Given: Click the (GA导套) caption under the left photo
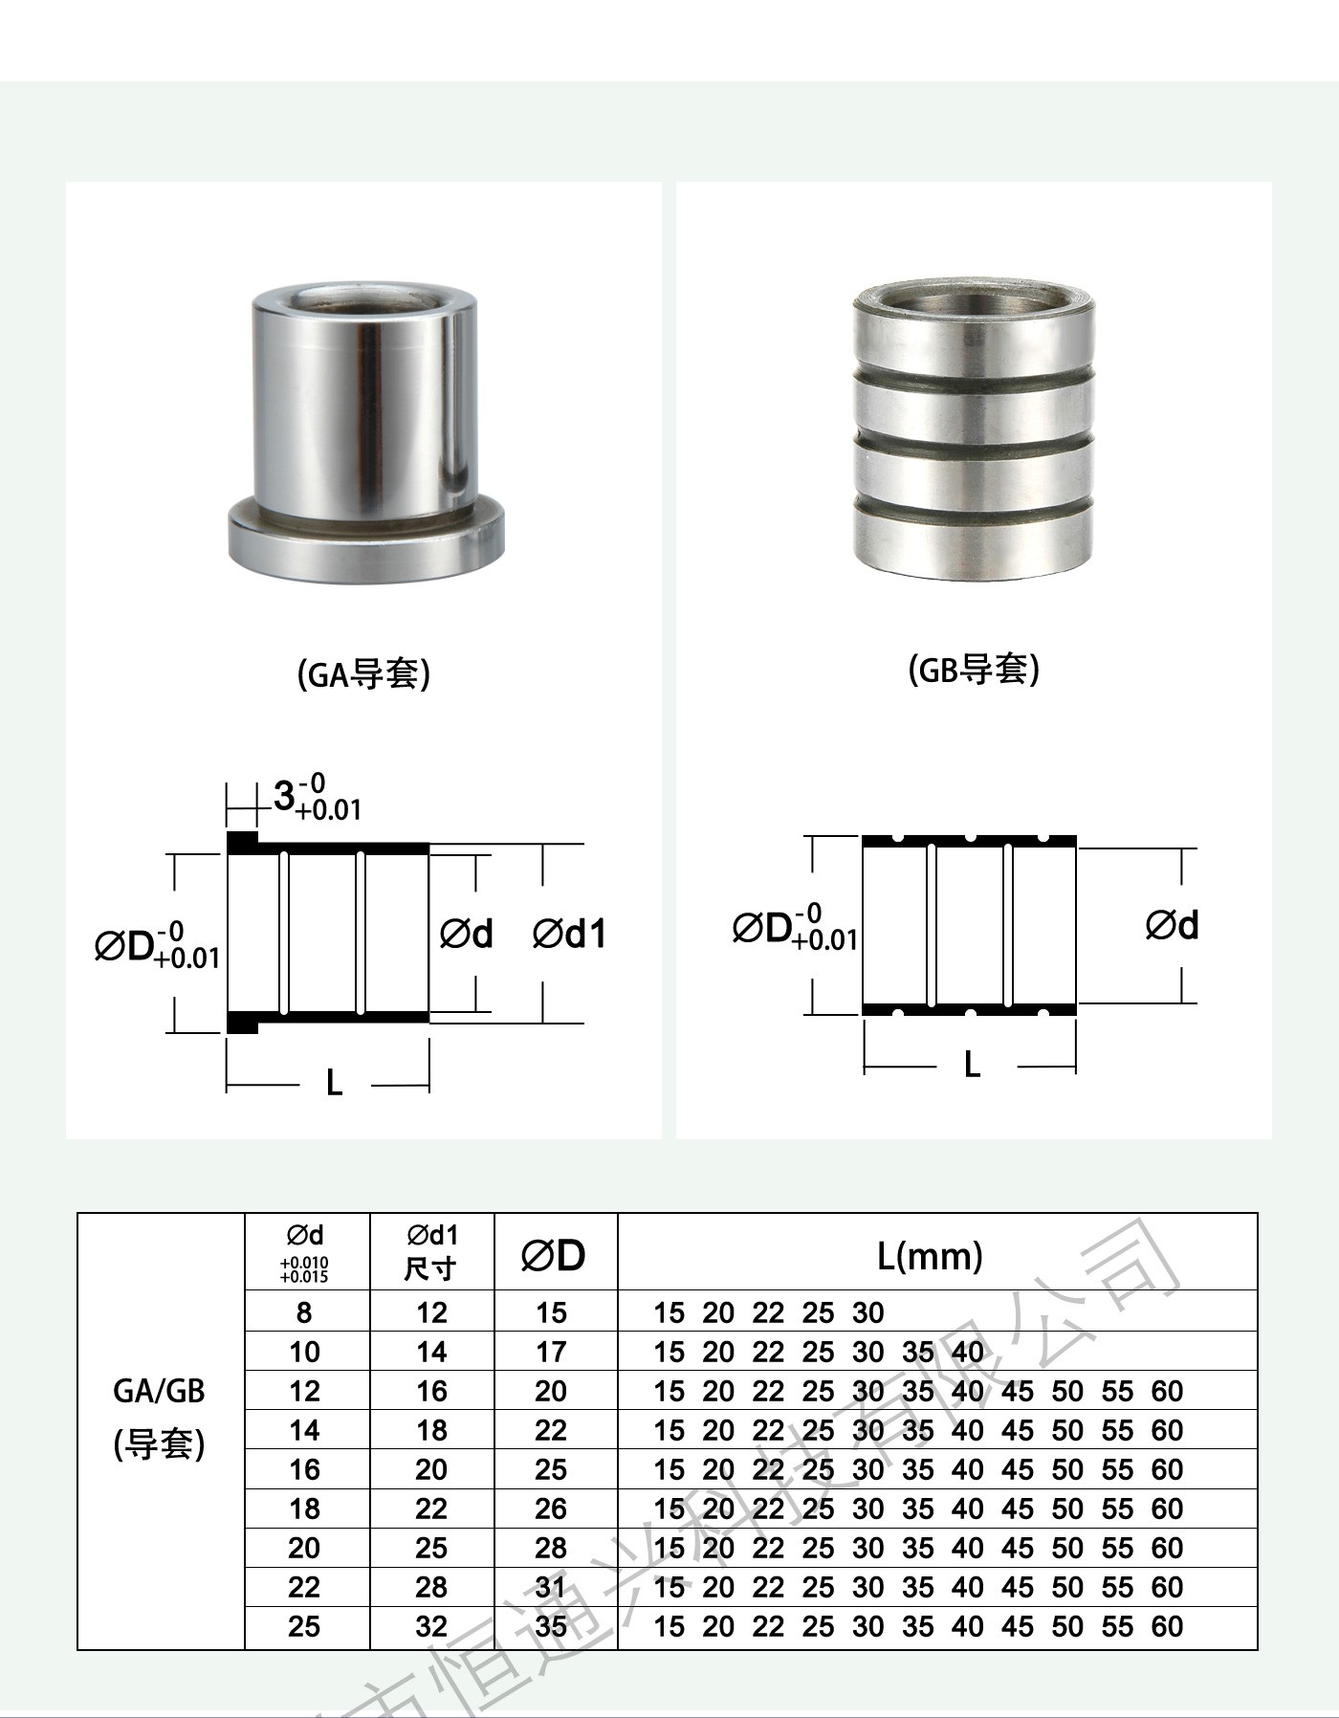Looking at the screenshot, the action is pos(364,674).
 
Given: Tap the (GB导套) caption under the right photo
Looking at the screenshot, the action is pos(974,670).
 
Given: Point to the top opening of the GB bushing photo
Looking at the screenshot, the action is pos(974,301).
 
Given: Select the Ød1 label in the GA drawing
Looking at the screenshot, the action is pos(570,934).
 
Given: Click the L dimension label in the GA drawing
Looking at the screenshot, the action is pos(334,1083).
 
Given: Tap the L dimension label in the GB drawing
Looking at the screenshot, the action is pos(972,1064).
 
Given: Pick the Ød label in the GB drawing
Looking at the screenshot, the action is pos(1172,925).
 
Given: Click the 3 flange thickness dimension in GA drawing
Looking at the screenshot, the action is pos(317,798).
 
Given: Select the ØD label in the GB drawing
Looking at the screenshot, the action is pos(795,927).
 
